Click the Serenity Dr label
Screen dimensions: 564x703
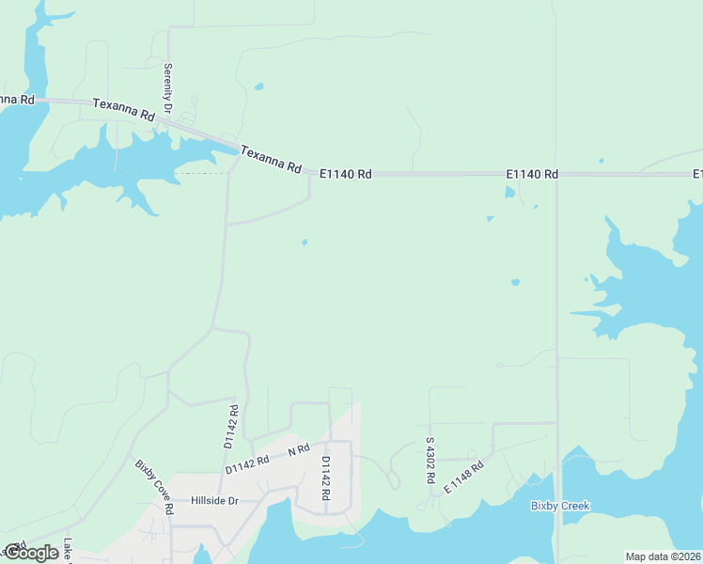tap(168, 88)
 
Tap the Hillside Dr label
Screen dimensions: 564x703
tap(215, 501)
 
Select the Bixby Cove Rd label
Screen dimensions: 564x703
tap(155, 486)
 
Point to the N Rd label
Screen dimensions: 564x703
tap(298, 451)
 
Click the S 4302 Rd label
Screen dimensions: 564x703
tap(430, 460)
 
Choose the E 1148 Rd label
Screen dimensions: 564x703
tap(463, 477)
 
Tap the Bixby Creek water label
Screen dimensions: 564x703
tap(560, 506)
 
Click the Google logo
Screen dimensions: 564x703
tap(31, 553)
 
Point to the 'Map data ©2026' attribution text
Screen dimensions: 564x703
tap(663, 556)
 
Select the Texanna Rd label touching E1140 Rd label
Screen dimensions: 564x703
tap(271, 159)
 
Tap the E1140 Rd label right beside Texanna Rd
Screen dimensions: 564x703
tap(346, 174)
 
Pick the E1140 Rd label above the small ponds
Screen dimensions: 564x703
tap(532, 174)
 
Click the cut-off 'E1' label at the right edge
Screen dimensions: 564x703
tap(698, 174)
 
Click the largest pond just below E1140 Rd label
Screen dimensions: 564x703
tap(509, 193)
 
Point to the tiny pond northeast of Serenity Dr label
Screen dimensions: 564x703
tap(258, 87)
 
